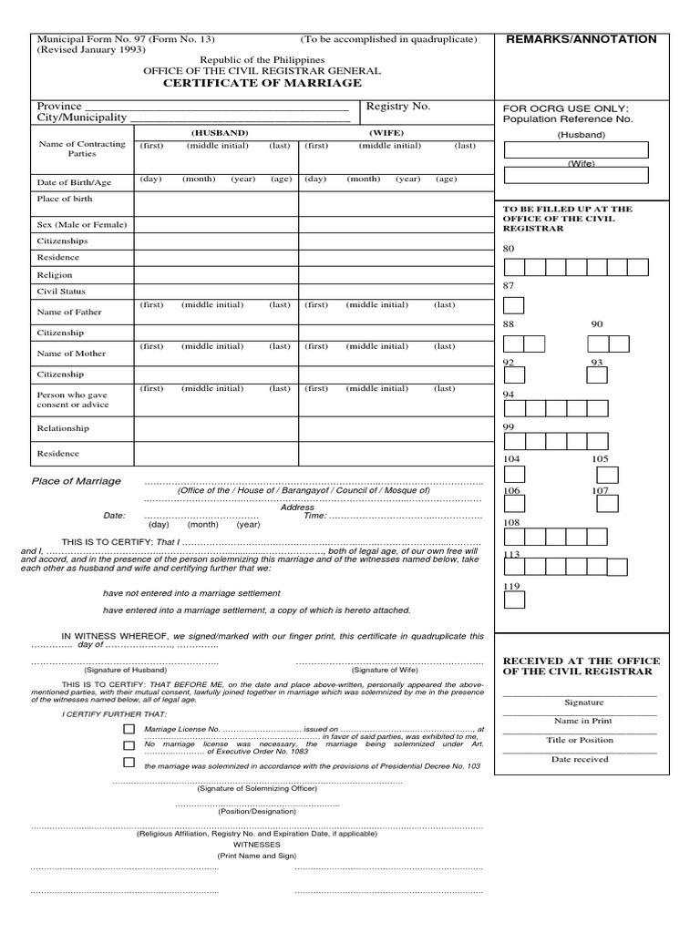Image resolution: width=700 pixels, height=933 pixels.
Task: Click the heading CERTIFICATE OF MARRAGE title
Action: (x=262, y=83)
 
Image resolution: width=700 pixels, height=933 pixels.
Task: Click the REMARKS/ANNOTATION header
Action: (x=593, y=39)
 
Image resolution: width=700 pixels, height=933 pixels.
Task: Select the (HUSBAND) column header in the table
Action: (x=219, y=132)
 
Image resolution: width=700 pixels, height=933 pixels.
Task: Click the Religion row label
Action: (x=54, y=274)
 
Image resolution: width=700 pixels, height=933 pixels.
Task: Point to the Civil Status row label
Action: (x=60, y=292)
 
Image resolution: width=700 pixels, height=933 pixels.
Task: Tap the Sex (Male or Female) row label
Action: (x=81, y=224)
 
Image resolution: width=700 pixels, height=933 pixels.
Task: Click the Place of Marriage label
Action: (x=76, y=481)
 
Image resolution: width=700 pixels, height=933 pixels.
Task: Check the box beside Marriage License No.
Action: (x=129, y=730)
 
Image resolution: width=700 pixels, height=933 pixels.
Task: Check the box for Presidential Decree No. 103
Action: (x=129, y=762)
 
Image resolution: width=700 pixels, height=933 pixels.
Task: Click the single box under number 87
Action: (x=514, y=305)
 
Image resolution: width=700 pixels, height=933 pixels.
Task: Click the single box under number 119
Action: (x=514, y=600)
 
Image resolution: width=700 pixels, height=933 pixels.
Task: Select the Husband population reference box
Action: (x=576, y=149)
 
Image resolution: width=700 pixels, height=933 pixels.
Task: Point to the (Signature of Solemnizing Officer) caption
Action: (x=257, y=788)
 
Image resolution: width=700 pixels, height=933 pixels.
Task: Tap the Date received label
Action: (x=580, y=759)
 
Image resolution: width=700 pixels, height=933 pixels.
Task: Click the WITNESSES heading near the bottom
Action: (x=256, y=845)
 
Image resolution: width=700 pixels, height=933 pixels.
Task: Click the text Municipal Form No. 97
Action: (x=89, y=40)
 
